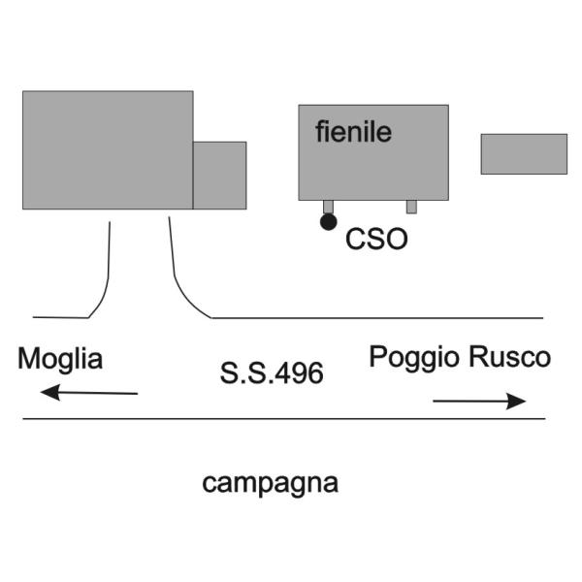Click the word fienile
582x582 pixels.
pyautogui.click(x=353, y=132)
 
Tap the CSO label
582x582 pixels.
pyautogui.click(x=376, y=239)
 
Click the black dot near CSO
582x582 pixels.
pyautogui.click(x=329, y=222)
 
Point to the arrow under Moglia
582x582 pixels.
pyautogui.click(x=88, y=392)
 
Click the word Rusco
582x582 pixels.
pyautogui.click(x=509, y=357)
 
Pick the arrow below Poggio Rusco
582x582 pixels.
pyautogui.click(x=479, y=401)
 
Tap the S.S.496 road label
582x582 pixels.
pyautogui.click(x=272, y=373)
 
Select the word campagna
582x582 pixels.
pyautogui.click(x=271, y=484)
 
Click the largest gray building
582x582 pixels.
pyautogui.click(x=108, y=150)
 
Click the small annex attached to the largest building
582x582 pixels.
pyautogui.click(x=220, y=176)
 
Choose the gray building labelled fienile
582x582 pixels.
pyautogui.click(x=373, y=152)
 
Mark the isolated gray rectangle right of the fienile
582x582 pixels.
pyautogui.click(x=524, y=153)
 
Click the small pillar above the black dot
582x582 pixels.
pyautogui.click(x=328, y=207)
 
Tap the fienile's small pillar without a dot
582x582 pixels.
pyautogui.click(x=411, y=207)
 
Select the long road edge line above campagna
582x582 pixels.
pyautogui.click(x=284, y=419)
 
